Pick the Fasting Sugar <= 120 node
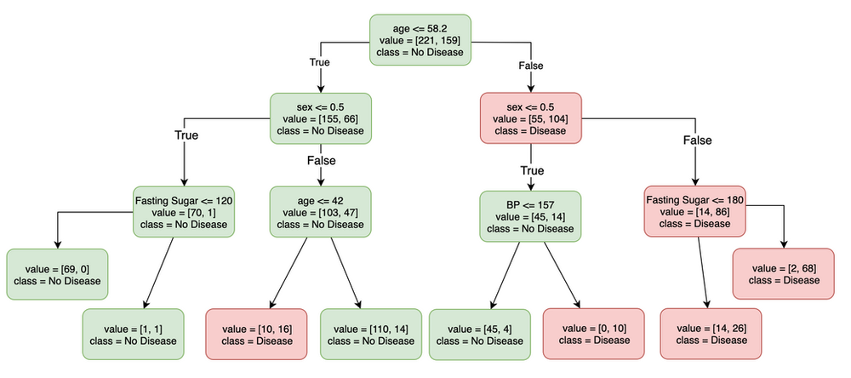pyautogui.click(x=184, y=213)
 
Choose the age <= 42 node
pyautogui.click(x=321, y=213)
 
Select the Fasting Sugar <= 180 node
pyautogui.click(x=696, y=211)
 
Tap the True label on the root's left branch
pyautogui.click(x=321, y=62)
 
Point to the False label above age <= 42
pyautogui.click(x=321, y=160)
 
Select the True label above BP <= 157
pyautogui.click(x=530, y=170)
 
